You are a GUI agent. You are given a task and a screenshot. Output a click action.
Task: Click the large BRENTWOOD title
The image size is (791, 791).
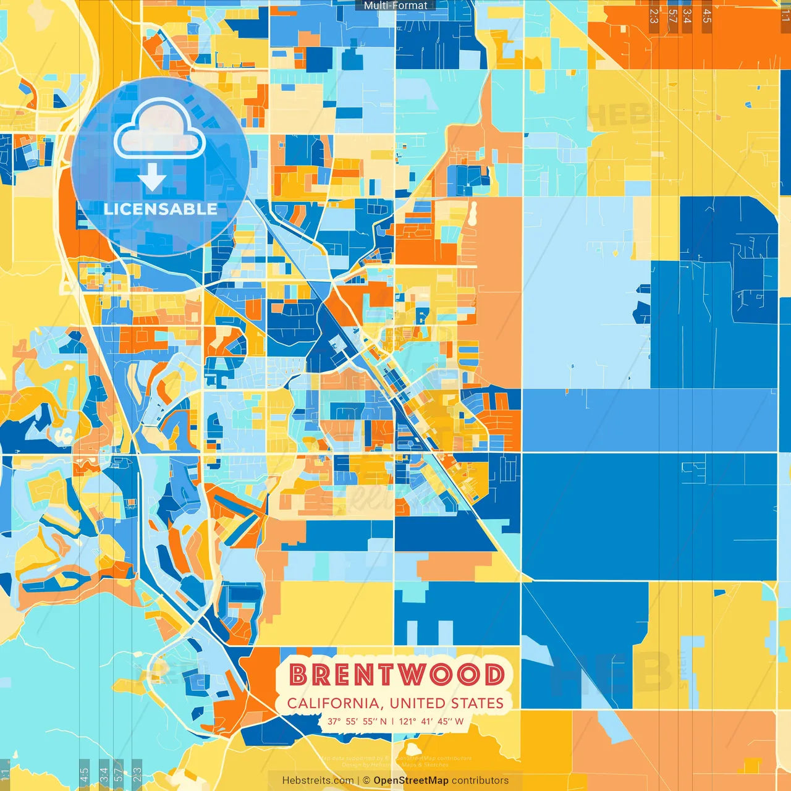click(x=396, y=675)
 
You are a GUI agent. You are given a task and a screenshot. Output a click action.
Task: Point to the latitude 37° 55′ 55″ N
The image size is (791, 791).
click(x=357, y=721)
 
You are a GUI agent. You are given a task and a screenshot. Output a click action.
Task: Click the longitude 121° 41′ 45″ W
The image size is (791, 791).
click(x=431, y=721)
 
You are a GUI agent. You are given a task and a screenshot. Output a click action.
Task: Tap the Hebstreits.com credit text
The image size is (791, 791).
click(x=318, y=780)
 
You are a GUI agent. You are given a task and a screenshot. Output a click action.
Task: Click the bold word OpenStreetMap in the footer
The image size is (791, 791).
click(x=411, y=780)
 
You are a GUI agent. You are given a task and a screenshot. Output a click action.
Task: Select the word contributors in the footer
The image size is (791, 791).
click(x=480, y=780)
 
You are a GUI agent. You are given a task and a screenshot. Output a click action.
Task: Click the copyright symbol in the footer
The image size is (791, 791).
click(x=366, y=780)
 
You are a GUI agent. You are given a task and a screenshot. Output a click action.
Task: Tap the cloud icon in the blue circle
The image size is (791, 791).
click(x=159, y=130)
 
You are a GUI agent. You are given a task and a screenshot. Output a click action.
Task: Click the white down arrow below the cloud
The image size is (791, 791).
click(x=152, y=179)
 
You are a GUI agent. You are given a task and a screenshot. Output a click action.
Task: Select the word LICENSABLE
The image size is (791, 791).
click(x=160, y=209)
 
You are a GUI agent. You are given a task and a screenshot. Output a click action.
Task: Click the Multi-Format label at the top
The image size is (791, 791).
click(x=395, y=6)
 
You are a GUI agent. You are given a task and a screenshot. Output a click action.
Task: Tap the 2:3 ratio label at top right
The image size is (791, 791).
click(x=654, y=16)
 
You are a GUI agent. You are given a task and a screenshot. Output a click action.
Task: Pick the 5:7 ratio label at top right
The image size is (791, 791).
click(x=672, y=16)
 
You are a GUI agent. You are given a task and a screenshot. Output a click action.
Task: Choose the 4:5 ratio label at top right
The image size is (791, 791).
click(x=707, y=16)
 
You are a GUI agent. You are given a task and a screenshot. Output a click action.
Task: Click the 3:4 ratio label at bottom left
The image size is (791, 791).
click(x=103, y=774)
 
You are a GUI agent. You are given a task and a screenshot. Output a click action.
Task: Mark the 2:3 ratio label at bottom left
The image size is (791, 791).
click(x=137, y=774)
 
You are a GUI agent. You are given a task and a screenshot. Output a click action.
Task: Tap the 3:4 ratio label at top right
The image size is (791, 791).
click(x=687, y=16)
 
